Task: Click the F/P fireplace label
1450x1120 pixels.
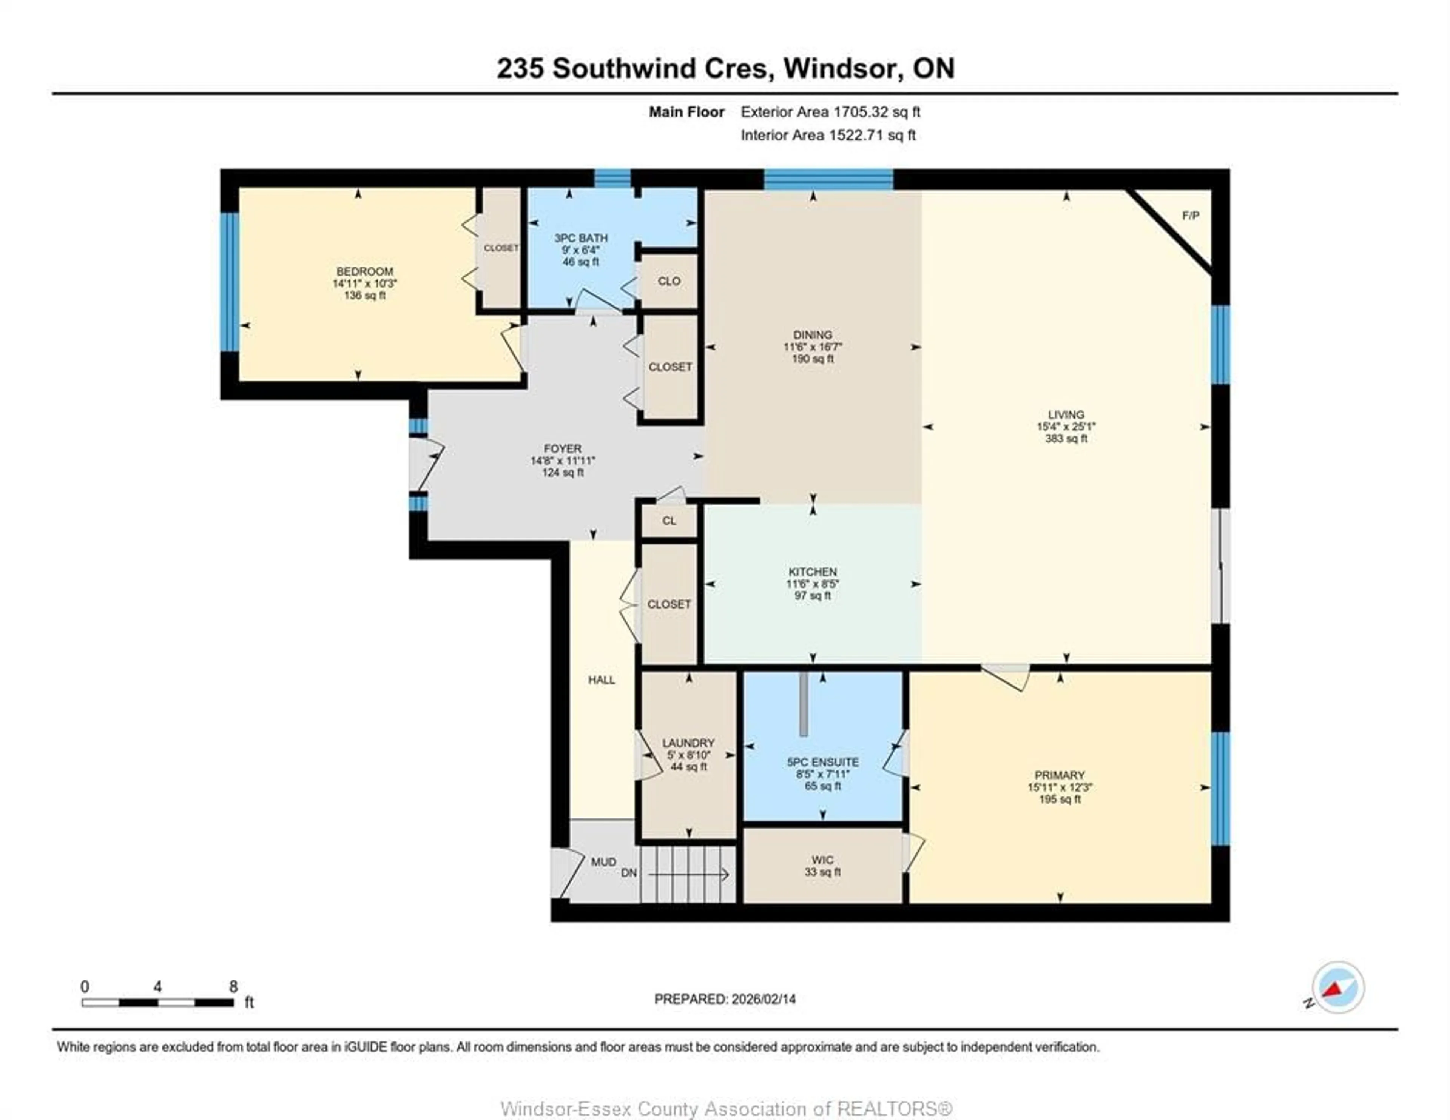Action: pos(1191,216)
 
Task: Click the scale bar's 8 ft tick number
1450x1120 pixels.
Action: pos(233,986)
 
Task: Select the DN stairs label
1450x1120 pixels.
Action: pos(629,873)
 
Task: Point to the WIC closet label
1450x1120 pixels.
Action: pos(822,860)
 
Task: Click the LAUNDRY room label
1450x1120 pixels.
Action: pos(688,743)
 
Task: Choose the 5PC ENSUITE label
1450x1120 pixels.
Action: pos(822,762)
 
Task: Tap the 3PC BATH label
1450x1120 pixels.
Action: pos(581,238)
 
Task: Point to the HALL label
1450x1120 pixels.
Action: pos(602,680)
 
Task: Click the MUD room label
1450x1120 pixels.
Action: pos(603,862)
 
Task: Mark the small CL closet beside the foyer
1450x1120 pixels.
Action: pos(669,521)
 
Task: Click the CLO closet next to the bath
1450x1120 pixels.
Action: pos(669,281)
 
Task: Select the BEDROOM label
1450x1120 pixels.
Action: pos(364,271)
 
